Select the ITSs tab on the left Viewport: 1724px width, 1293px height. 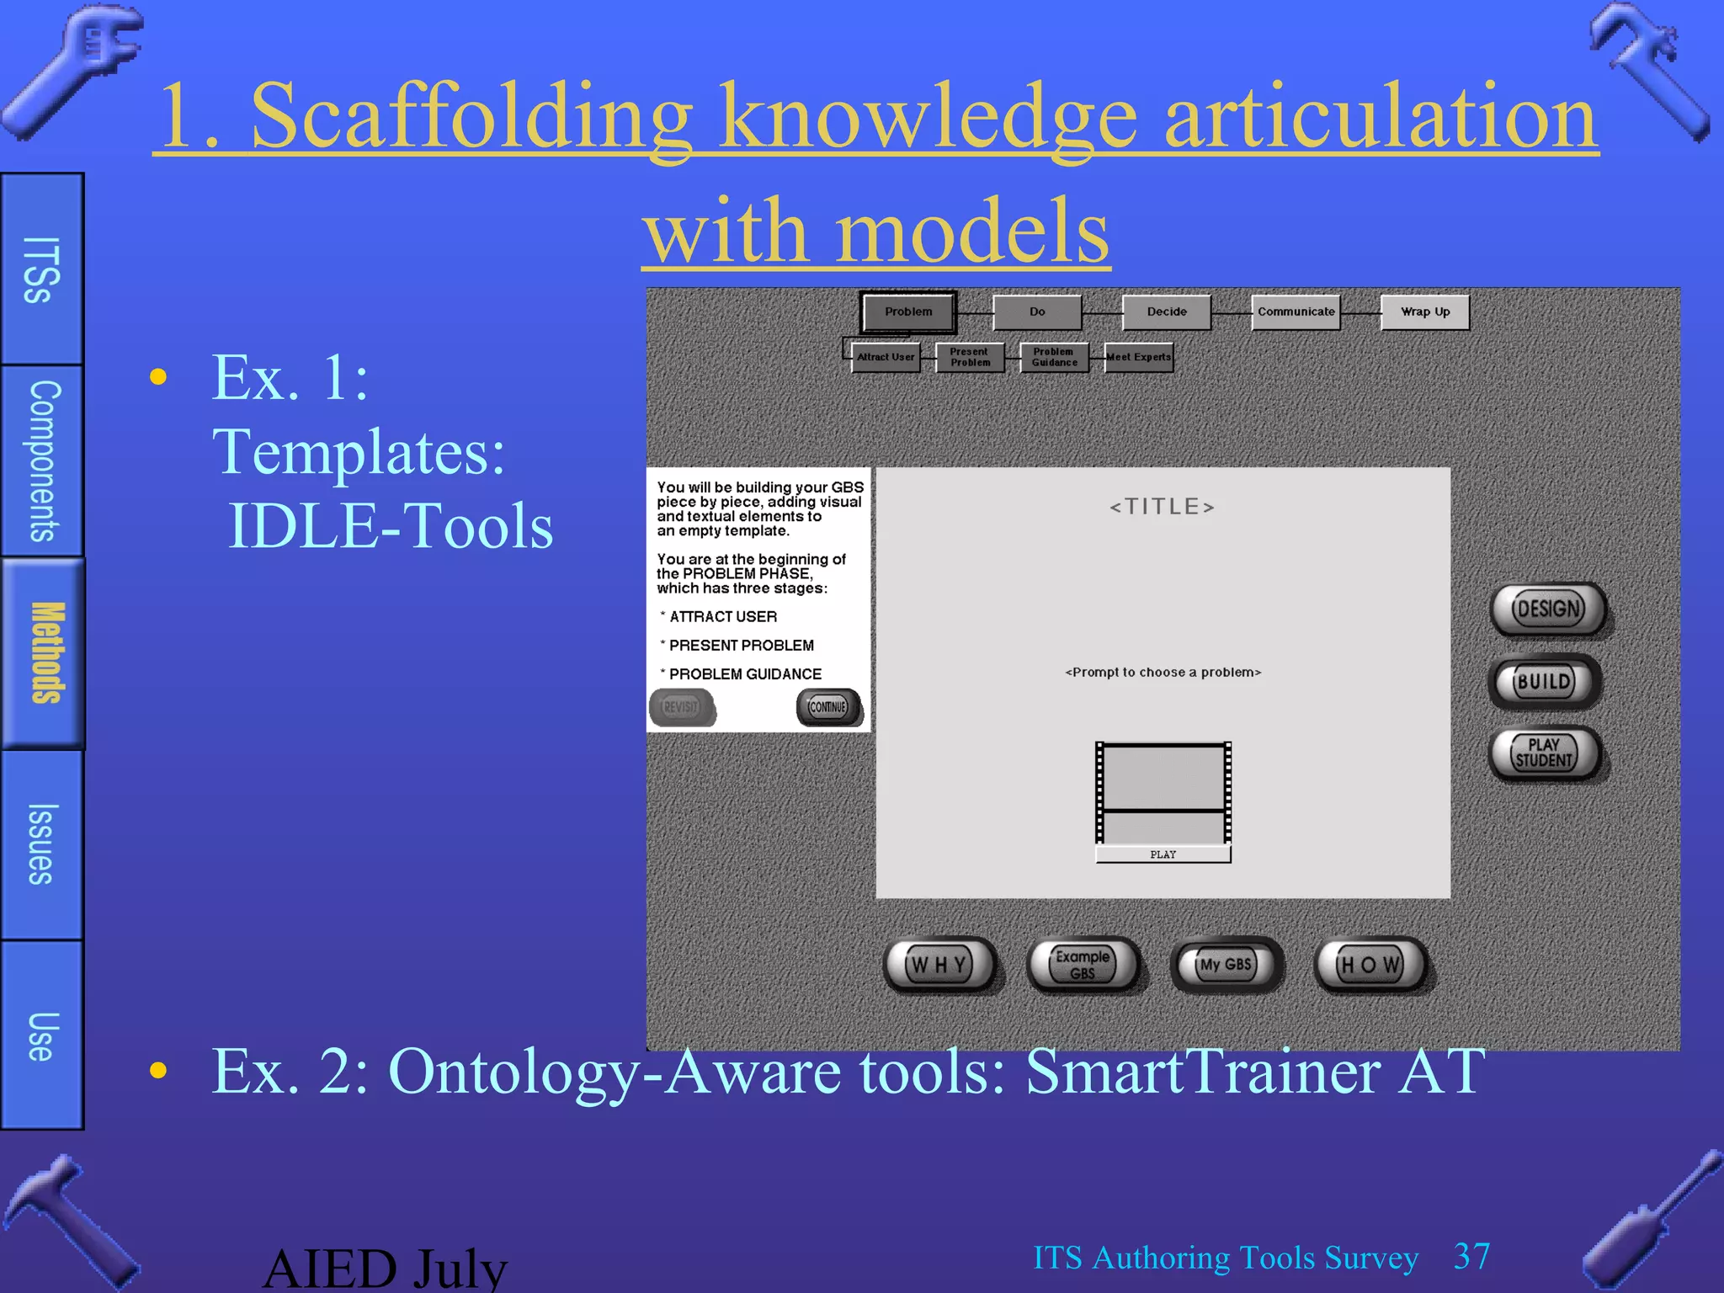tap(42, 269)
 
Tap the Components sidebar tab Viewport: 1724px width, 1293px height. tap(42, 460)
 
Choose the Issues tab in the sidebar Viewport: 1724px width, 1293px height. tap(42, 844)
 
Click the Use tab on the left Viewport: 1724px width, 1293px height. tap(42, 1035)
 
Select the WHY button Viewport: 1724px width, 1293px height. tap(939, 965)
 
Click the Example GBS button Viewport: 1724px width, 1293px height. tap(1083, 965)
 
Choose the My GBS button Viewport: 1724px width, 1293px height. tap(1226, 965)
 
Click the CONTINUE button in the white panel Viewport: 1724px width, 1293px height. tap(828, 707)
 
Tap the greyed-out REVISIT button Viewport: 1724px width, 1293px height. tap(681, 707)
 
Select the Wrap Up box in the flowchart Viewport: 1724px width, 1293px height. tap(1424, 312)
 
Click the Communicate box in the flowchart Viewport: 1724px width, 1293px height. tap(1296, 312)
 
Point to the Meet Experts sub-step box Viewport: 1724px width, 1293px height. tap(1139, 357)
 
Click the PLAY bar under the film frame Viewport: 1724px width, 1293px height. tap(1163, 854)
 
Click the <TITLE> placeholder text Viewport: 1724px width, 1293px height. tap(1163, 507)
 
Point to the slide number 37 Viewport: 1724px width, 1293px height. tap(1471, 1257)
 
